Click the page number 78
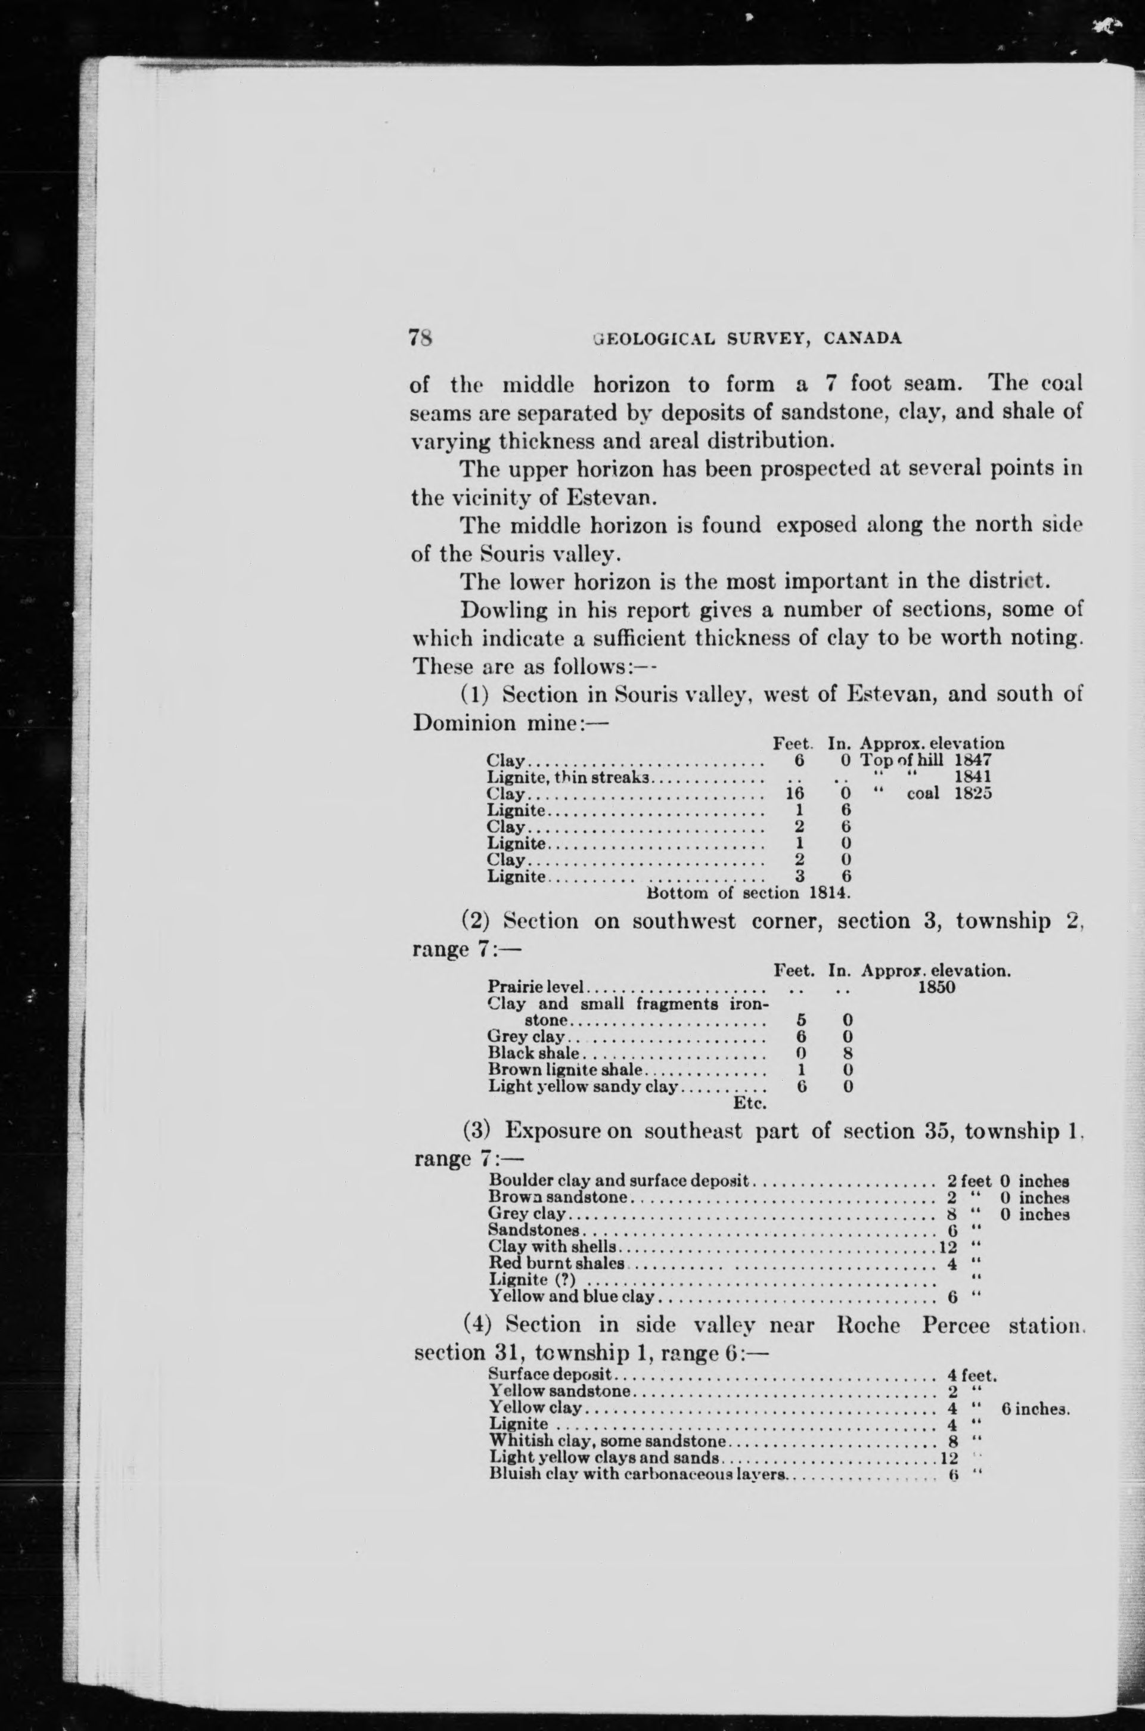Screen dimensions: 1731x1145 (422, 338)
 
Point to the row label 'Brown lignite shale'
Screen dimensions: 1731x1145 (565, 1071)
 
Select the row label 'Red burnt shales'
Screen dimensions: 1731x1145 (557, 1262)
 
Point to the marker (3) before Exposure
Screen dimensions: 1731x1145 (478, 1131)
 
